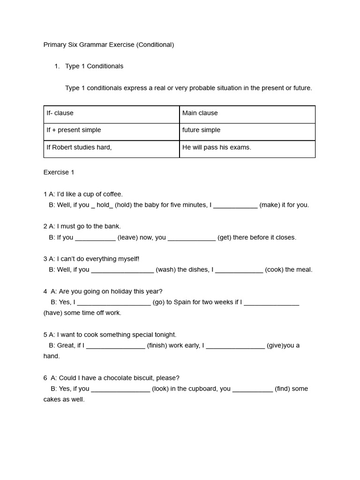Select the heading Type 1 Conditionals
pyautogui.click(x=94, y=66)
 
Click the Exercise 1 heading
pyautogui.click(x=59, y=172)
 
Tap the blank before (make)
pyautogui.click(x=235, y=205)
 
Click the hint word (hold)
pyautogui.click(x=123, y=205)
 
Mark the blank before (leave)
pyautogui.click(x=95, y=238)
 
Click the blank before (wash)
pyautogui.click(x=122, y=270)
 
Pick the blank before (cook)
pyautogui.click(x=239, y=270)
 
